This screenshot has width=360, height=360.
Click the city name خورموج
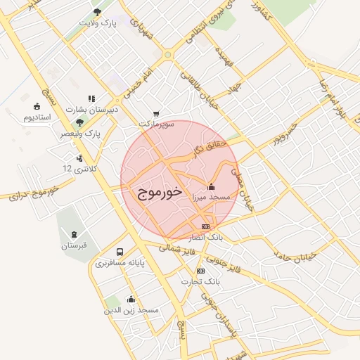coord(157,191)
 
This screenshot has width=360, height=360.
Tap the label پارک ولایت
coord(96,23)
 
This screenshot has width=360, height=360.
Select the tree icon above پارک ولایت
coord(97,12)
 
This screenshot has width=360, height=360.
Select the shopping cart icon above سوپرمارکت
coord(156,113)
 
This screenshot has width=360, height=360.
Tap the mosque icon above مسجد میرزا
coord(212,187)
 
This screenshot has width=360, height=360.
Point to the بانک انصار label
coord(206,238)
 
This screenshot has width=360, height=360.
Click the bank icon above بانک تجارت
coord(201,271)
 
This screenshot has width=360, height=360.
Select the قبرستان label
coord(73,245)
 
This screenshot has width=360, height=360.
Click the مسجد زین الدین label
coord(131,310)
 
